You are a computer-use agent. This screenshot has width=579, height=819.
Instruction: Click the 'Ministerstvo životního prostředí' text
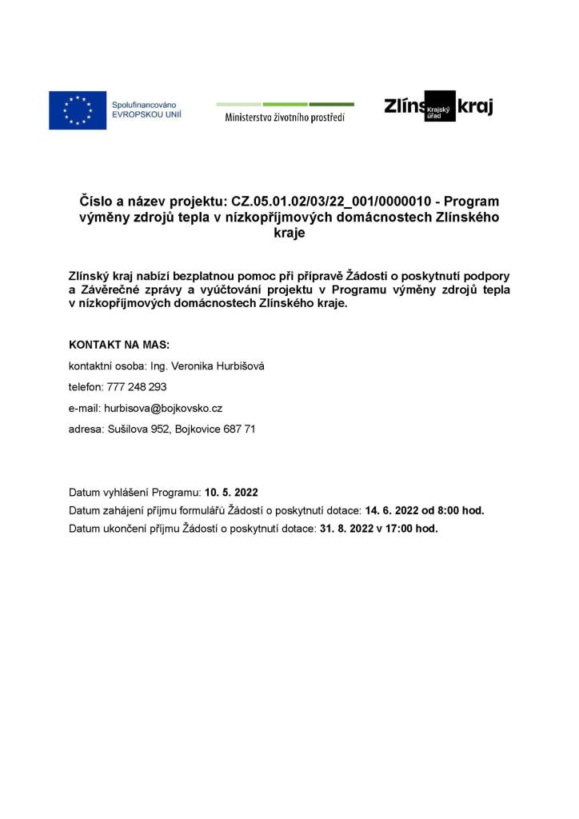coord(285,118)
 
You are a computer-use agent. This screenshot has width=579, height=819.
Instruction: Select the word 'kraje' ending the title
coord(289,234)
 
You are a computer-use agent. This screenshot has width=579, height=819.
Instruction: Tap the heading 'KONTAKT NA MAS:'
coord(119,345)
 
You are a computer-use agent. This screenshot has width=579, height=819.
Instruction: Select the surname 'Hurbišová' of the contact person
coord(238,366)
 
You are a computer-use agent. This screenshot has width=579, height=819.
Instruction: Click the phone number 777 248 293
coord(137,386)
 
